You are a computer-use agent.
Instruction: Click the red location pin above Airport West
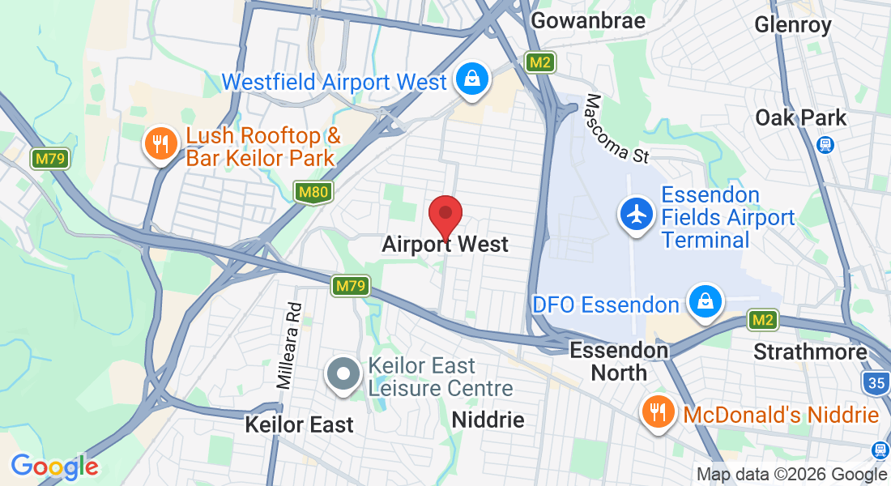pyautogui.click(x=445, y=215)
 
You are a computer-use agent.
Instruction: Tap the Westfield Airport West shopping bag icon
pyautogui.click(x=470, y=79)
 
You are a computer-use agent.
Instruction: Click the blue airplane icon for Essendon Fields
pyautogui.click(x=637, y=215)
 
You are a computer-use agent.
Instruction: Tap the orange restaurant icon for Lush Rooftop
pyautogui.click(x=160, y=144)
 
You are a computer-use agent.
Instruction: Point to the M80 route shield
pyautogui.click(x=312, y=193)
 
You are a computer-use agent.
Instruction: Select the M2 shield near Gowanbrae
pyautogui.click(x=539, y=62)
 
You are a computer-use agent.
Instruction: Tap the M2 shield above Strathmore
pyautogui.click(x=761, y=320)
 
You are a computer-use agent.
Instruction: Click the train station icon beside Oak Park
pyautogui.click(x=825, y=144)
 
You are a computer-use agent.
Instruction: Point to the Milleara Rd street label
pyautogui.click(x=288, y=346)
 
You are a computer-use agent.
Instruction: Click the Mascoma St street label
pyautogui.click(x=616, y=129)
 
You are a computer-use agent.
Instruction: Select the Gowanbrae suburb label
pyautogui.click(x=588, y=20)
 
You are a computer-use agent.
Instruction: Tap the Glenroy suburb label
pyautogui.click(x=792, y=25)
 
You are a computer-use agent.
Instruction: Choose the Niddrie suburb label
pyautogui.click(x=488, y=420)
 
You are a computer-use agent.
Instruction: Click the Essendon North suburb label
pyautogui.click(x=620, y=361)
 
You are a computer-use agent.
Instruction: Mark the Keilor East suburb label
pyautogui.click(x=300, y=424)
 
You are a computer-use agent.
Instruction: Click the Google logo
pyautogui.click(x=54, y=467)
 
